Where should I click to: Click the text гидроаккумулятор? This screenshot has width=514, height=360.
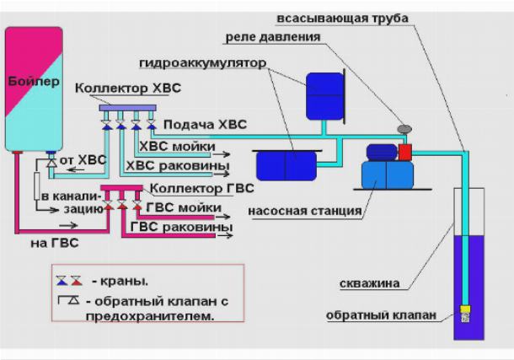click(x=203, y=63)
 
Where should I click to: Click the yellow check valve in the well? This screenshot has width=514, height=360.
click(x=464, y=313)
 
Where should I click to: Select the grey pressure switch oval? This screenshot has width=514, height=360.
click(x=404, y=129)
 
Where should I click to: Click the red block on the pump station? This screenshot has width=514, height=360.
click(x=404, y=152)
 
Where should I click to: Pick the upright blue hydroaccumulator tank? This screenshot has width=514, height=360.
click(x=324, y=95)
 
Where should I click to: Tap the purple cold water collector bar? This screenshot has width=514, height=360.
click(x=126, y=108)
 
